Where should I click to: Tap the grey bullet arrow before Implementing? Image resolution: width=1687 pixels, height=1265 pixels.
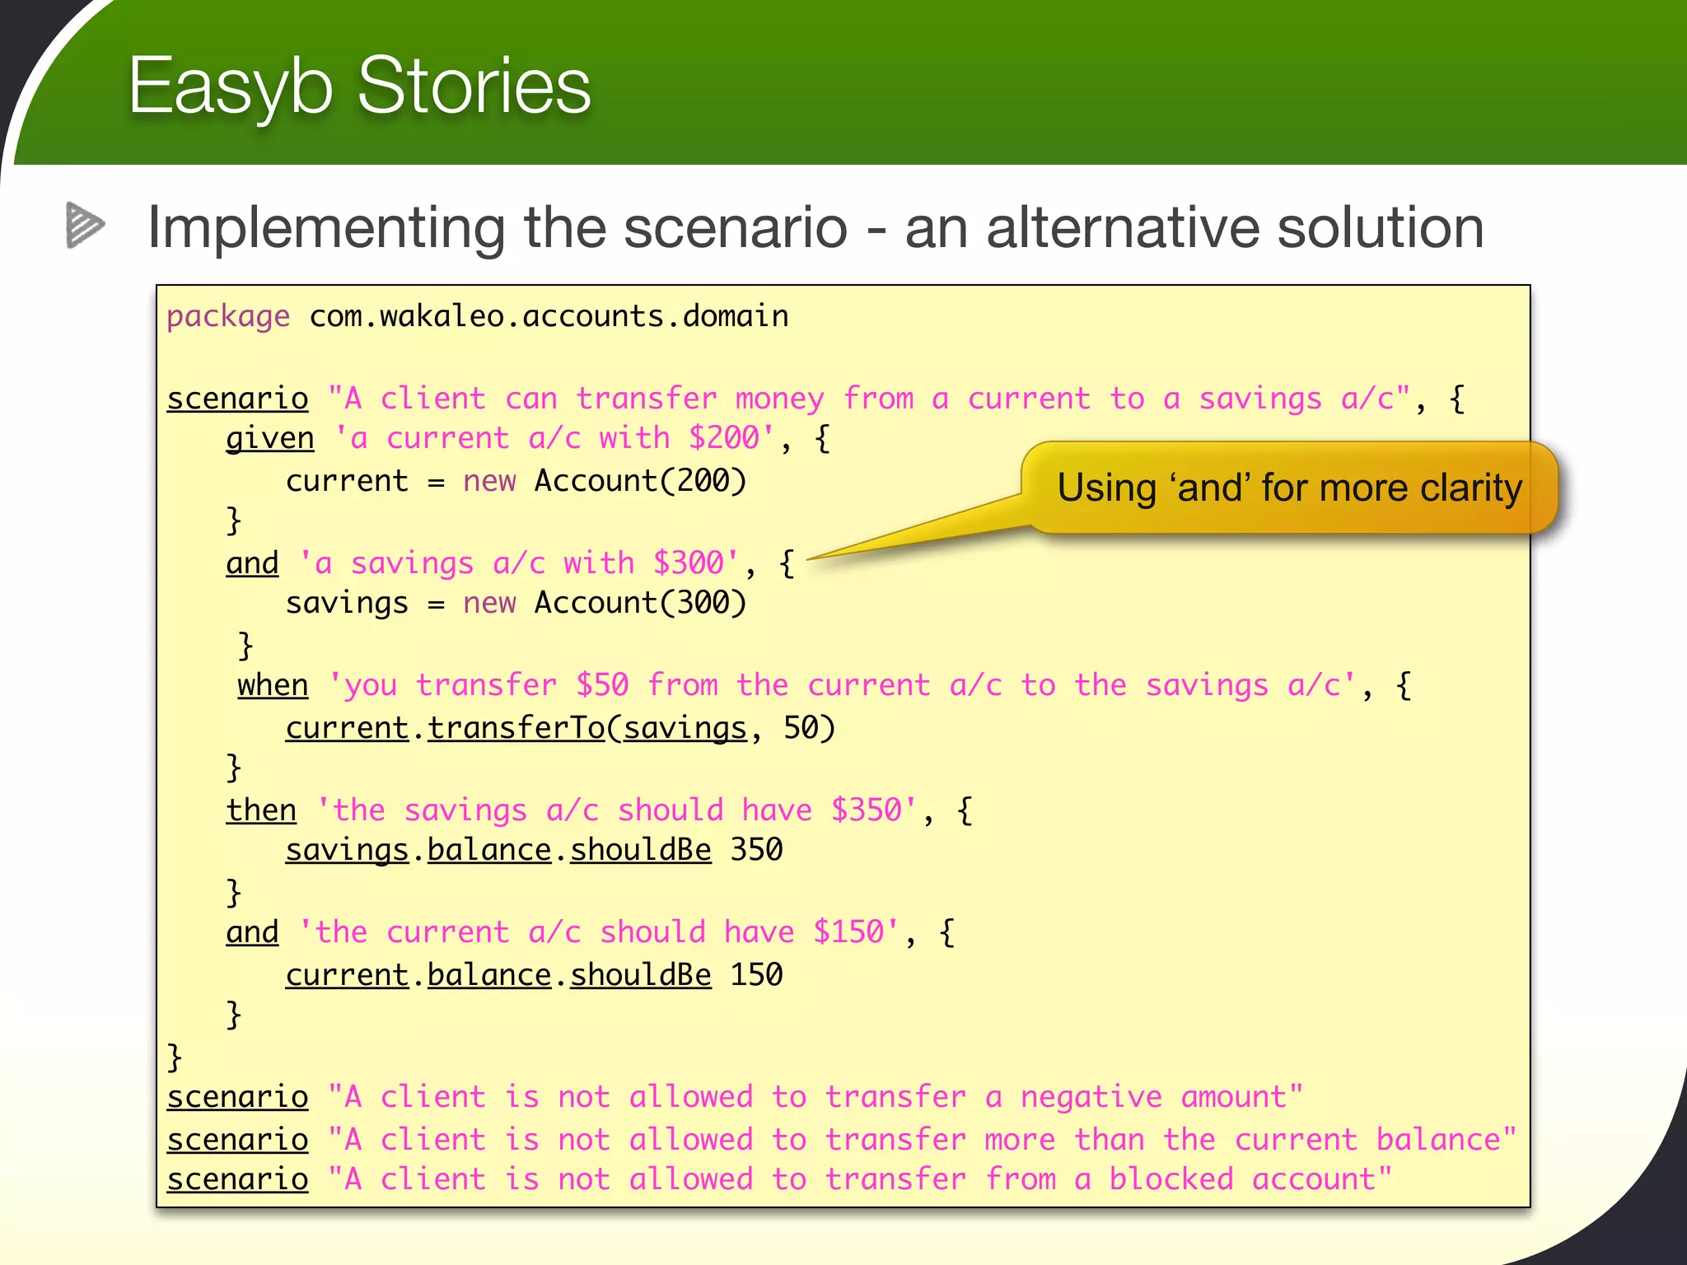(x=85, y=225)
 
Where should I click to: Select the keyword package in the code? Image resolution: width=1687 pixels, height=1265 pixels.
(x=228, y=317)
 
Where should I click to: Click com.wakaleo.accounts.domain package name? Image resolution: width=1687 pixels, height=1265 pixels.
(x=549, y=317)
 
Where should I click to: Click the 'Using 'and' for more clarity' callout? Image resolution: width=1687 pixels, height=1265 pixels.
(x=1289, y=488)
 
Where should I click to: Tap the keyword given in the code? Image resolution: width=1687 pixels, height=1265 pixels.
(x=270, y=438)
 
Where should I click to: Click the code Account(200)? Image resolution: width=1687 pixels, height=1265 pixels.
(x=640, y=481)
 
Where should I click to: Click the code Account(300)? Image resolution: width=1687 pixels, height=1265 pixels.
(x=640, y=603)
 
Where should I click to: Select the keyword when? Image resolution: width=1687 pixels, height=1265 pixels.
(x=273, y=685)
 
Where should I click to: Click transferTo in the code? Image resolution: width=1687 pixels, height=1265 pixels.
(x=516, y=728)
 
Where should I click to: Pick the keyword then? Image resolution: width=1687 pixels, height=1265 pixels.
(x=261, y=810)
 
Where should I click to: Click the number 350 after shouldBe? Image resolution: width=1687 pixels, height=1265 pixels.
(x=756, y=850)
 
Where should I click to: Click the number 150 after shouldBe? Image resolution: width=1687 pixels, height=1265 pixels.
(x=756, y=975)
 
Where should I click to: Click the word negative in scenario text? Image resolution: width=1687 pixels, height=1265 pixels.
(x=1091, y=1097)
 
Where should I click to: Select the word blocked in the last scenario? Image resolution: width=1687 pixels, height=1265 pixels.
(x=1171, y=1179)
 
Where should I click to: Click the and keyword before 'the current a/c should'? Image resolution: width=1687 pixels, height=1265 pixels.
(x=252, y=932)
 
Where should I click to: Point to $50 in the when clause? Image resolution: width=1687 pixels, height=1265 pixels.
(x=602, y=685)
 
